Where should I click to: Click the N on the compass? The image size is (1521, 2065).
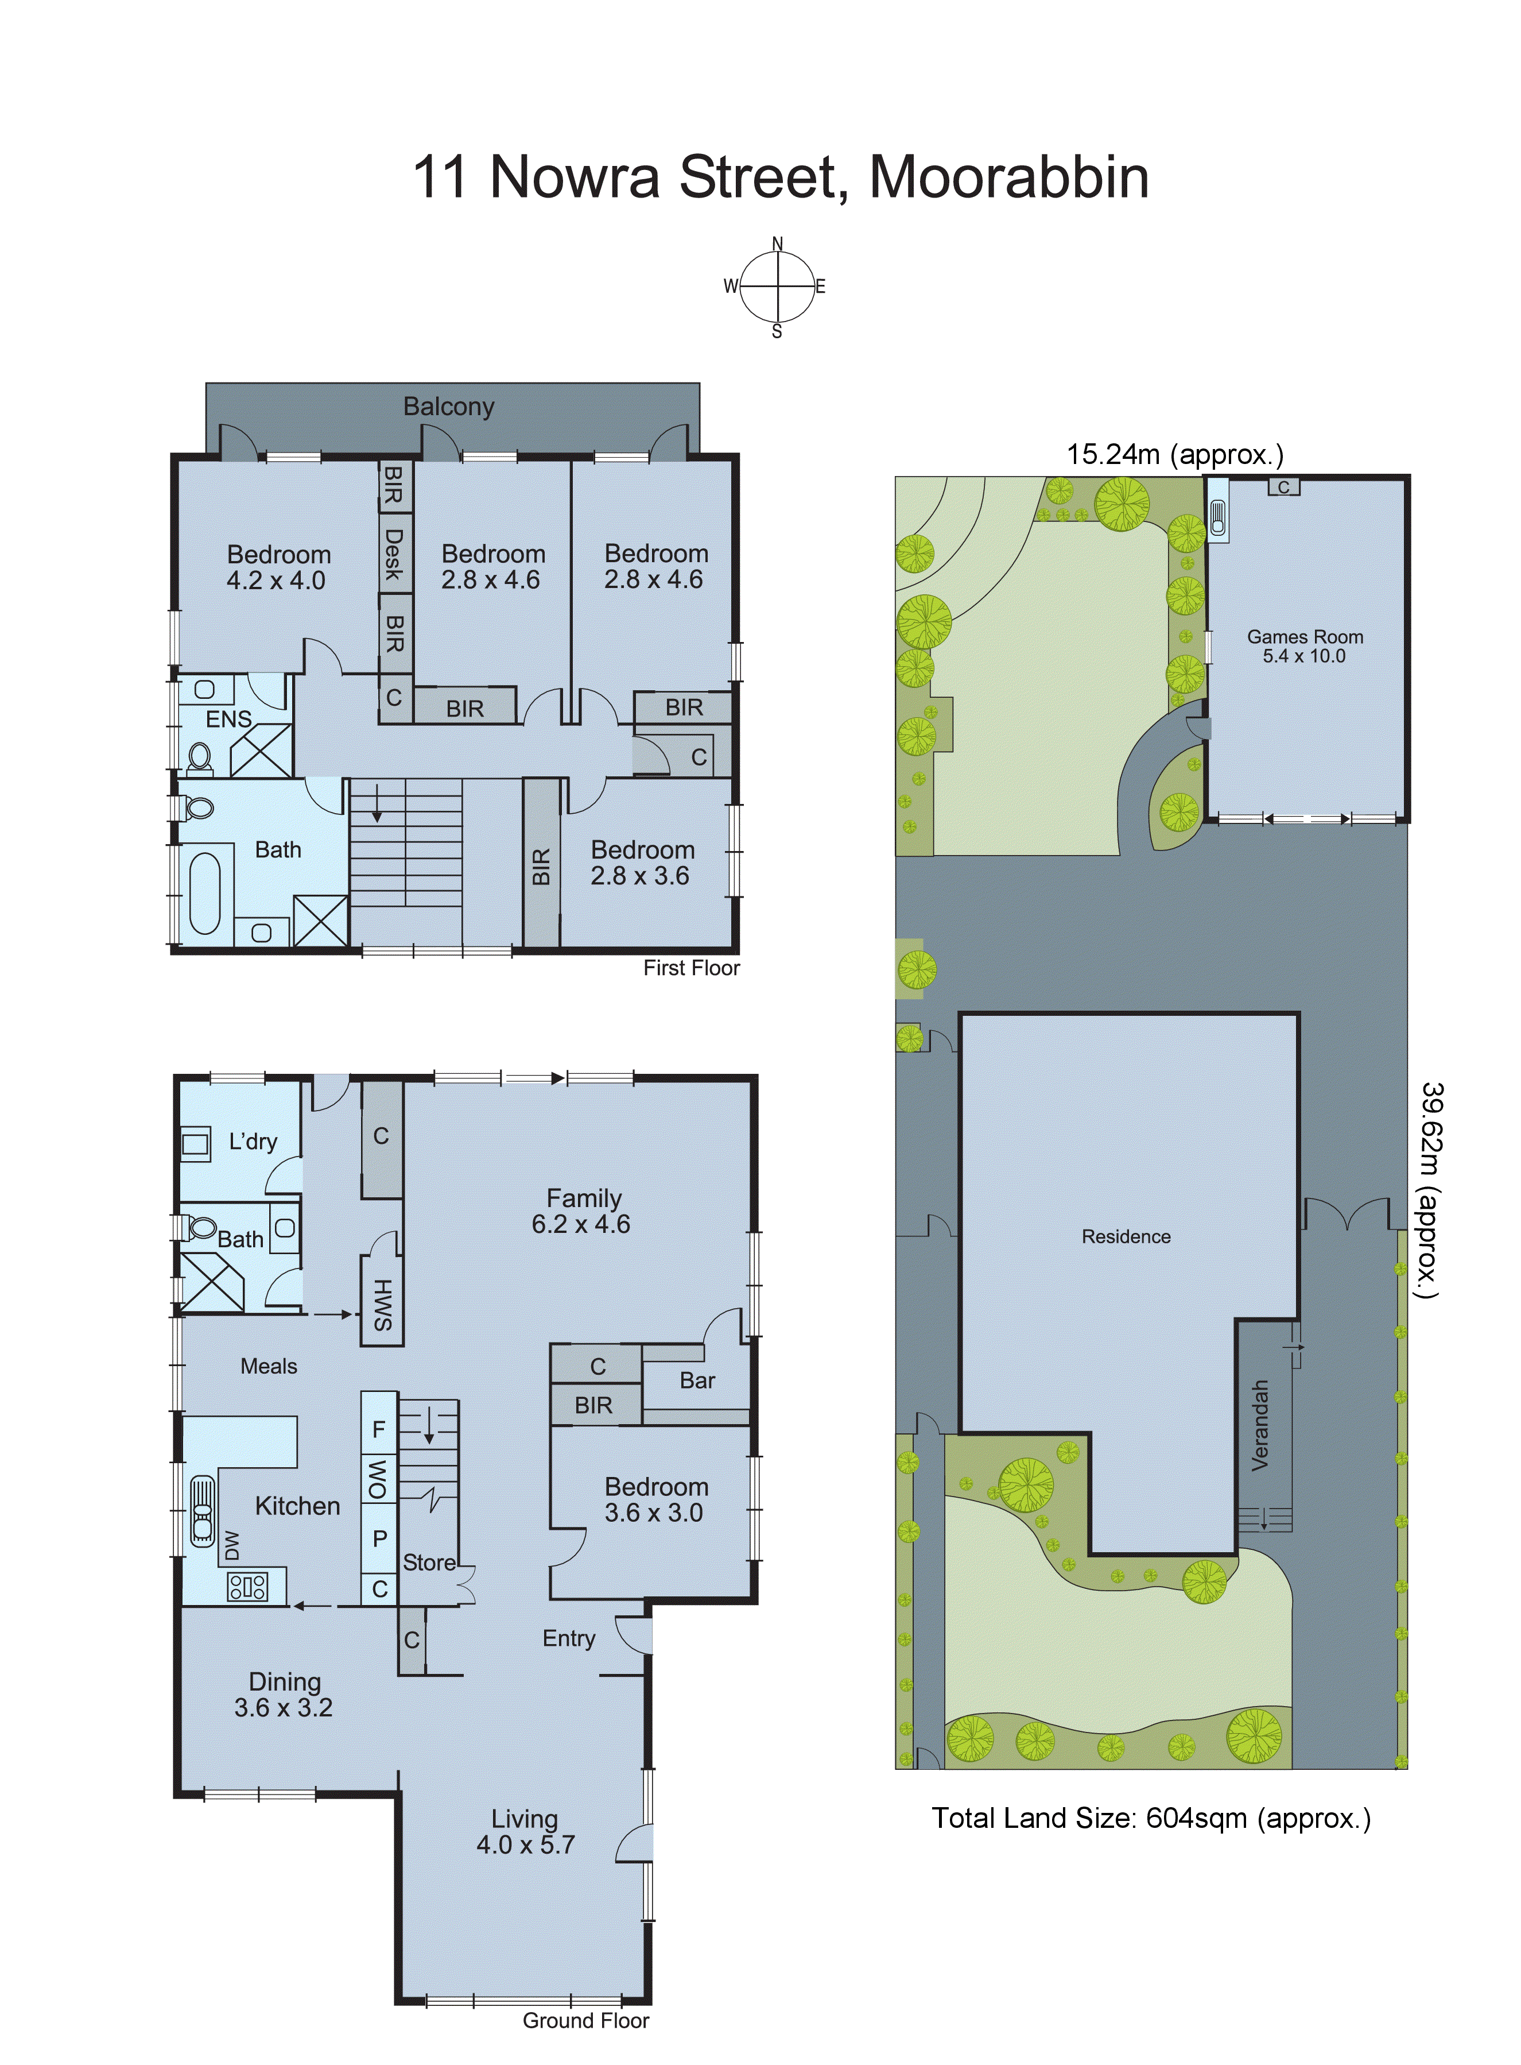click(x=777, y=244)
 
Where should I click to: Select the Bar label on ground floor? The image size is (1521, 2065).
click(x=697, y=1380)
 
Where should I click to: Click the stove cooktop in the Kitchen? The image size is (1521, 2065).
click(x=248, y=1586)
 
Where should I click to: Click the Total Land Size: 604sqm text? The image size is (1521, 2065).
click(x=1151, y=1818)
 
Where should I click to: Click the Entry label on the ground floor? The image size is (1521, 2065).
click(x=568, y=1638)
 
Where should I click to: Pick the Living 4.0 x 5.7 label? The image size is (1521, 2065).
click(x=525, y=1831)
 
